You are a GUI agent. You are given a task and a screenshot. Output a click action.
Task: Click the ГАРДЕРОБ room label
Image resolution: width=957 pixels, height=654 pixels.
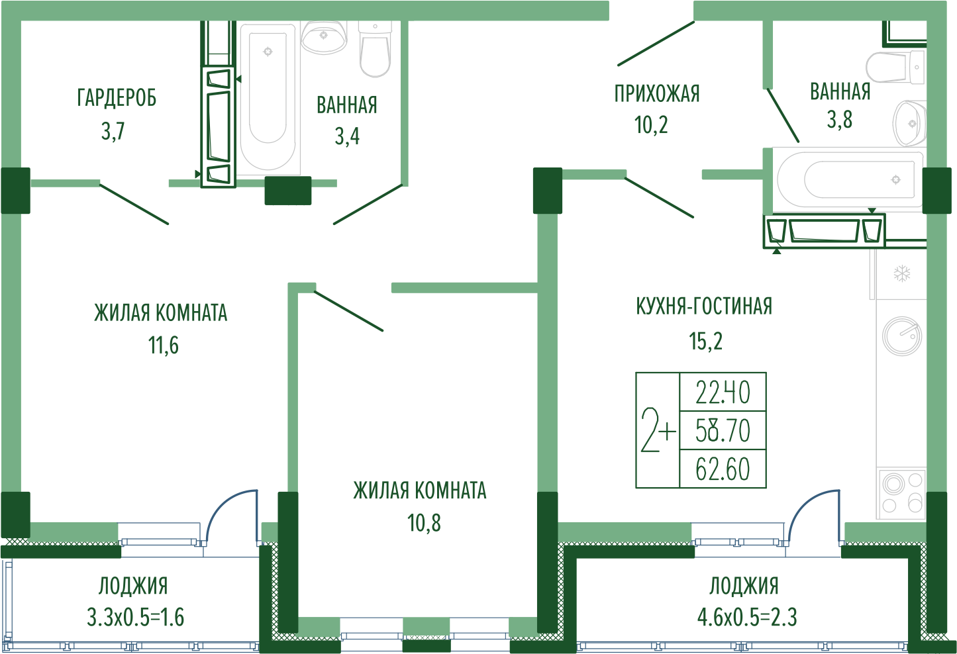pos(117,98)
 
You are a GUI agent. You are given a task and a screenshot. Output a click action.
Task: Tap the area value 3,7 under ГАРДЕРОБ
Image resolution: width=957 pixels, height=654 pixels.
pos(113,131)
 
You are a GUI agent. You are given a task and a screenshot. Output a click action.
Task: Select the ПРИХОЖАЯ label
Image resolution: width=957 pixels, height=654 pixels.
pos(657,94)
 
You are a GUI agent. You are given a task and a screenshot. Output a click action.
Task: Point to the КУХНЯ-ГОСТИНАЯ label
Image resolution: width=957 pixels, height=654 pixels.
pos(704,306)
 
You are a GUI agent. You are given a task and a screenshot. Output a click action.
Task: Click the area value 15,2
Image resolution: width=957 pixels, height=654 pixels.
pos(705,341)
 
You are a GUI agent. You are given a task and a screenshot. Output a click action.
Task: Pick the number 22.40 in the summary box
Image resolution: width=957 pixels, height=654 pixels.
pos(723,393)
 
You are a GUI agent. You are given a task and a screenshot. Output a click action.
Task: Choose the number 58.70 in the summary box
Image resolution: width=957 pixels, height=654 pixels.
pos(723,431)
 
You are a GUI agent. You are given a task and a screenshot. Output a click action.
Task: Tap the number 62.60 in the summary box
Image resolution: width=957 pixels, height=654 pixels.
pos(723,469)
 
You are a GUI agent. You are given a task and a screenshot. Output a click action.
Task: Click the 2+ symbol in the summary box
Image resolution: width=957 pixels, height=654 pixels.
pos(658,430)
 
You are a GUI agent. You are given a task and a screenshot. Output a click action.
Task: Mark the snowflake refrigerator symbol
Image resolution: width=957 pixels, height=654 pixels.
pos(902,273)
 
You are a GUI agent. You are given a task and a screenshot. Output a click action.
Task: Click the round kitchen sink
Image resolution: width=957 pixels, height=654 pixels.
pos(902,336)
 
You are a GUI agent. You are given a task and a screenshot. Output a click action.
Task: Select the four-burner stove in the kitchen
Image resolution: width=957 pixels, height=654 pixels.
pos(901,494)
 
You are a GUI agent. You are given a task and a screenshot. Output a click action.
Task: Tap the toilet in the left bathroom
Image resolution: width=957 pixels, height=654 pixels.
pos(375,49)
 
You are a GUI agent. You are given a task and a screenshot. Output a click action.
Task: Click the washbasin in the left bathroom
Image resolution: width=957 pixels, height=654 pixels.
pos(324,38)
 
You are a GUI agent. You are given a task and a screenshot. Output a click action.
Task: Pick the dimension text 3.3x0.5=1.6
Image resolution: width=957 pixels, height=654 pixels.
pos(135,618)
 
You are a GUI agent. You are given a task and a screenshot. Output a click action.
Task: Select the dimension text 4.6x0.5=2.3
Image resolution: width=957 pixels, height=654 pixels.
pos(747,618)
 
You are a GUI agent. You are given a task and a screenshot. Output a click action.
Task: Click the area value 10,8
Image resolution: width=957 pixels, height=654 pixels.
pos(424,523)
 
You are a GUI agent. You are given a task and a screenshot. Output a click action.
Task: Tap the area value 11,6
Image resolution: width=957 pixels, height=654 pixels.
pos(163,346)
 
